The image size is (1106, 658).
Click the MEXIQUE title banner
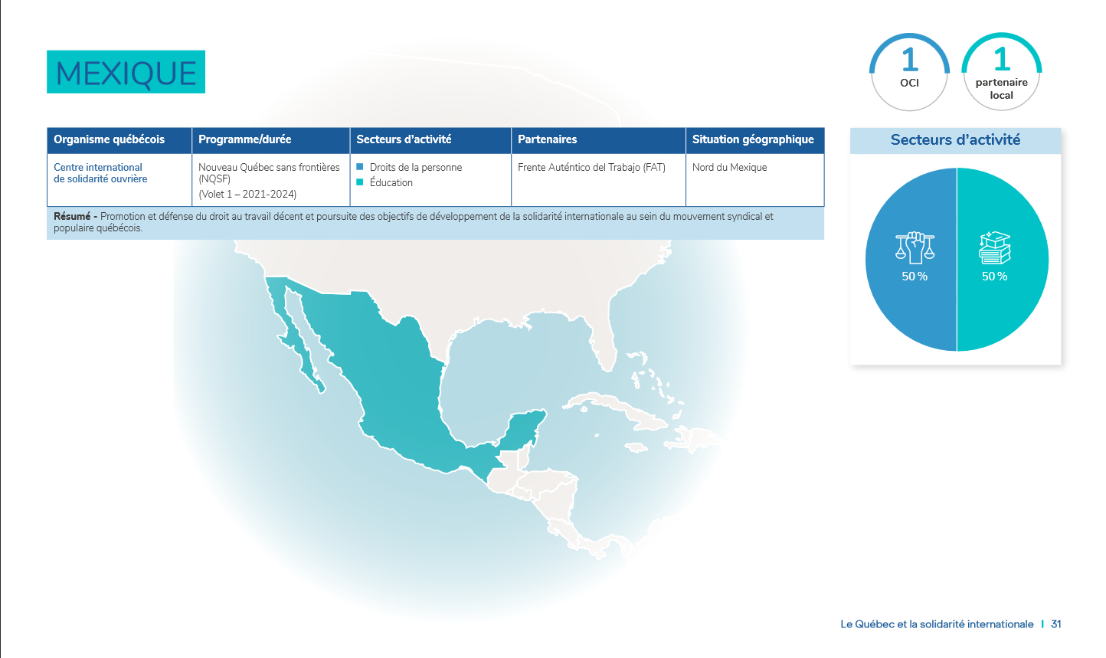coord(126,72)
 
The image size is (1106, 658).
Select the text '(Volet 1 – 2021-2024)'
coord(247,194)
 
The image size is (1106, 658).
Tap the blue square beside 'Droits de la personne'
coord(360,167)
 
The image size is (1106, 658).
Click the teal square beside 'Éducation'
coord(360,182)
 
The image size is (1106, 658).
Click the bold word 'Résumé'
coord(72,216)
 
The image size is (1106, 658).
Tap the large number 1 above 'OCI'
coord(909,61)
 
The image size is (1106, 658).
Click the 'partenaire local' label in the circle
coord(1001,89)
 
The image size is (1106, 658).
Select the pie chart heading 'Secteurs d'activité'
coord(955,139)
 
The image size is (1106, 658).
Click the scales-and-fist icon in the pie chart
coord(915,247)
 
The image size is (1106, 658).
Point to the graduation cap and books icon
coord(995,247)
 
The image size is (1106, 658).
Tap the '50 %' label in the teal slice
coord(994,277)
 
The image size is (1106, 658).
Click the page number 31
coord(1055,624)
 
